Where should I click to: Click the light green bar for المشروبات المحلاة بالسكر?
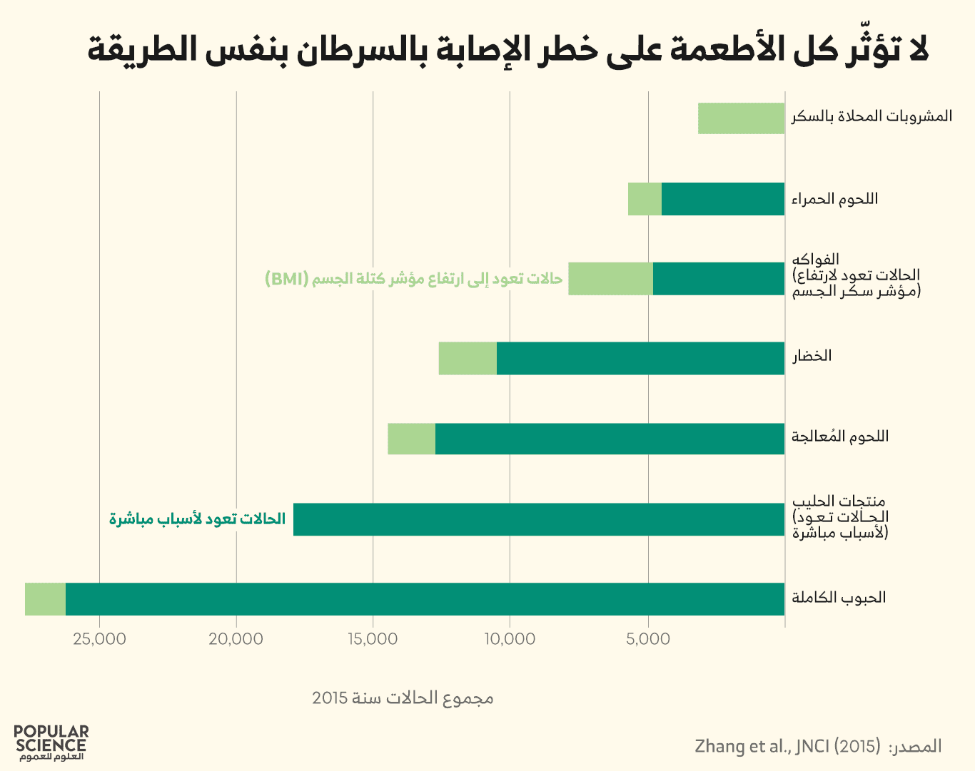coord(741,118)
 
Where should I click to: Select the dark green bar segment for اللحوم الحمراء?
coord(722,199)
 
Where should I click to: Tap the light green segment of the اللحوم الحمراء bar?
coord(645,199)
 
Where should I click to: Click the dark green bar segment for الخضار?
coord(640,358)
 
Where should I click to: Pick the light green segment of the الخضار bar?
coord(468,358)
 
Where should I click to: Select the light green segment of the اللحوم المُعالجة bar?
coord(411,439)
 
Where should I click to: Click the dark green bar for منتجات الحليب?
coord(539,519)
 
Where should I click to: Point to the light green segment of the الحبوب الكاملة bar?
coord(45,599)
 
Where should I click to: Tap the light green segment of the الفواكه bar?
coord(610,279)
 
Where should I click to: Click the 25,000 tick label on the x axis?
coord(99,639)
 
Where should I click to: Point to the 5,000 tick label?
coord(648,639)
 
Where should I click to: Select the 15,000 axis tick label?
coord(373,639)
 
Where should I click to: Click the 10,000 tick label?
coord(510,639)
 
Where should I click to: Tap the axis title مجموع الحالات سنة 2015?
coord(403,698)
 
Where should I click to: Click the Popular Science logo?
coord(51,742)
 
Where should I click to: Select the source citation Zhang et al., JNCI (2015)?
coord(787,746)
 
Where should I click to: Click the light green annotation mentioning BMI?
coord(413,279)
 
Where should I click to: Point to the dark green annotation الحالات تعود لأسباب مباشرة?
coord(197,519)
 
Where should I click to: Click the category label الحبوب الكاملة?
coord(839,598)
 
